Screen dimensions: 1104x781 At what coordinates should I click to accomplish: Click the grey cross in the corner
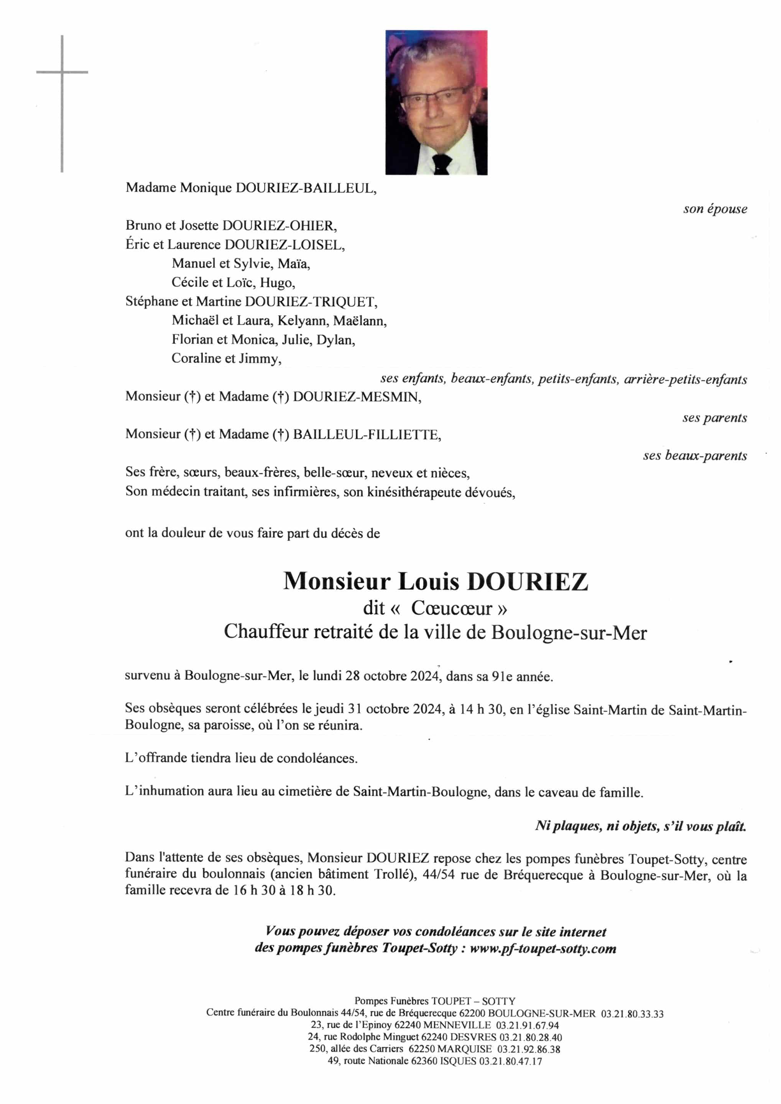pyautogui.click(x=62, y=72)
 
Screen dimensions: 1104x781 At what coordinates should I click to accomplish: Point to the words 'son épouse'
pyautogui.click(x=715, y=209)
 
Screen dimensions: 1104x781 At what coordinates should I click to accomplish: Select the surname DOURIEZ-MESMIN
pyautogui.click(x=357, y=397)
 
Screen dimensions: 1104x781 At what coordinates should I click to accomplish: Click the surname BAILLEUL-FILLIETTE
pyautogui.click(x=367, y=435)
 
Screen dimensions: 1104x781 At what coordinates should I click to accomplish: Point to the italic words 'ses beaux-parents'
pyautogui.click(x=694, y=455)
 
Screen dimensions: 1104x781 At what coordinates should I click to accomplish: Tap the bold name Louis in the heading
pyautogui.click(x=429, y=582)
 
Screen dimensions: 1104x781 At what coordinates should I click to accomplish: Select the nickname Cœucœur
pyautogui.click(x=451, y=609)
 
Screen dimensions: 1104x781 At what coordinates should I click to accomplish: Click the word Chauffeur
pyautogui.click(x=265, y=632)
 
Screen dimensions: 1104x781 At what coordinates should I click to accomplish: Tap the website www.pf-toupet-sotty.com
pyautogui.click(x=543, y=949)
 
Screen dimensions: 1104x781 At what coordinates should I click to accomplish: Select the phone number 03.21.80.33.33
pyautogui.click(x=632, y=1014)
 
